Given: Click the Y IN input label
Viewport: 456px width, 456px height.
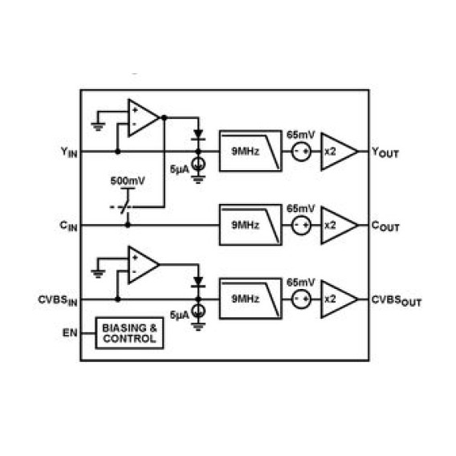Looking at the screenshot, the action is (x=69, y=153).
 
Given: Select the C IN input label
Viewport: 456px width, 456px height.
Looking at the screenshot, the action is (x=68, y=226).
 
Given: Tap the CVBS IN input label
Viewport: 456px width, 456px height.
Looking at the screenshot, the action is (x=58, y=301).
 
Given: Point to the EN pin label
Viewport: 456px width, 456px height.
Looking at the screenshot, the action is (x=70, y=332).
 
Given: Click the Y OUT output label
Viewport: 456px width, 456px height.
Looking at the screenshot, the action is (x=385, y=153).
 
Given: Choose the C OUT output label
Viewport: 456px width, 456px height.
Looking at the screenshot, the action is (x=385, y=226).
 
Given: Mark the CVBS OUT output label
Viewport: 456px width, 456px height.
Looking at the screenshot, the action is (x=397, y=301).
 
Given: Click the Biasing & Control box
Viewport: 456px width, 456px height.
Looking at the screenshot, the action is (x=129, y=333).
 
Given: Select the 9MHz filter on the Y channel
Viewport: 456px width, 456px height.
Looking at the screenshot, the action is (x=250, y=151).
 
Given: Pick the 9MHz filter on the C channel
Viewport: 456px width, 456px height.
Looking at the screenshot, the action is (x=250, y=225).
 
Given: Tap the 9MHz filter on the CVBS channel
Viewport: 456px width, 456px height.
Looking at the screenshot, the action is (x=250, y=299).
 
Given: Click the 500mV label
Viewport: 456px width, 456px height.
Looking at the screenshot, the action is (x=128, y=181).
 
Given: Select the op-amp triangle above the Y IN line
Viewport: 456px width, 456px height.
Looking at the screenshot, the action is (x=144, y=117).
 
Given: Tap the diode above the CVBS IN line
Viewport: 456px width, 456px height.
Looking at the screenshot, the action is (x=198, y=282).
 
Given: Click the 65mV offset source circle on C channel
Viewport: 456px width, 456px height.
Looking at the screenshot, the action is (x=301, y=226).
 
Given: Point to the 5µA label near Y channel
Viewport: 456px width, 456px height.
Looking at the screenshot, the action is (x=180, y=169).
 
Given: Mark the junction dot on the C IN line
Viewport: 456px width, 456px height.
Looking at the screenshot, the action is (x=128, y=225).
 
